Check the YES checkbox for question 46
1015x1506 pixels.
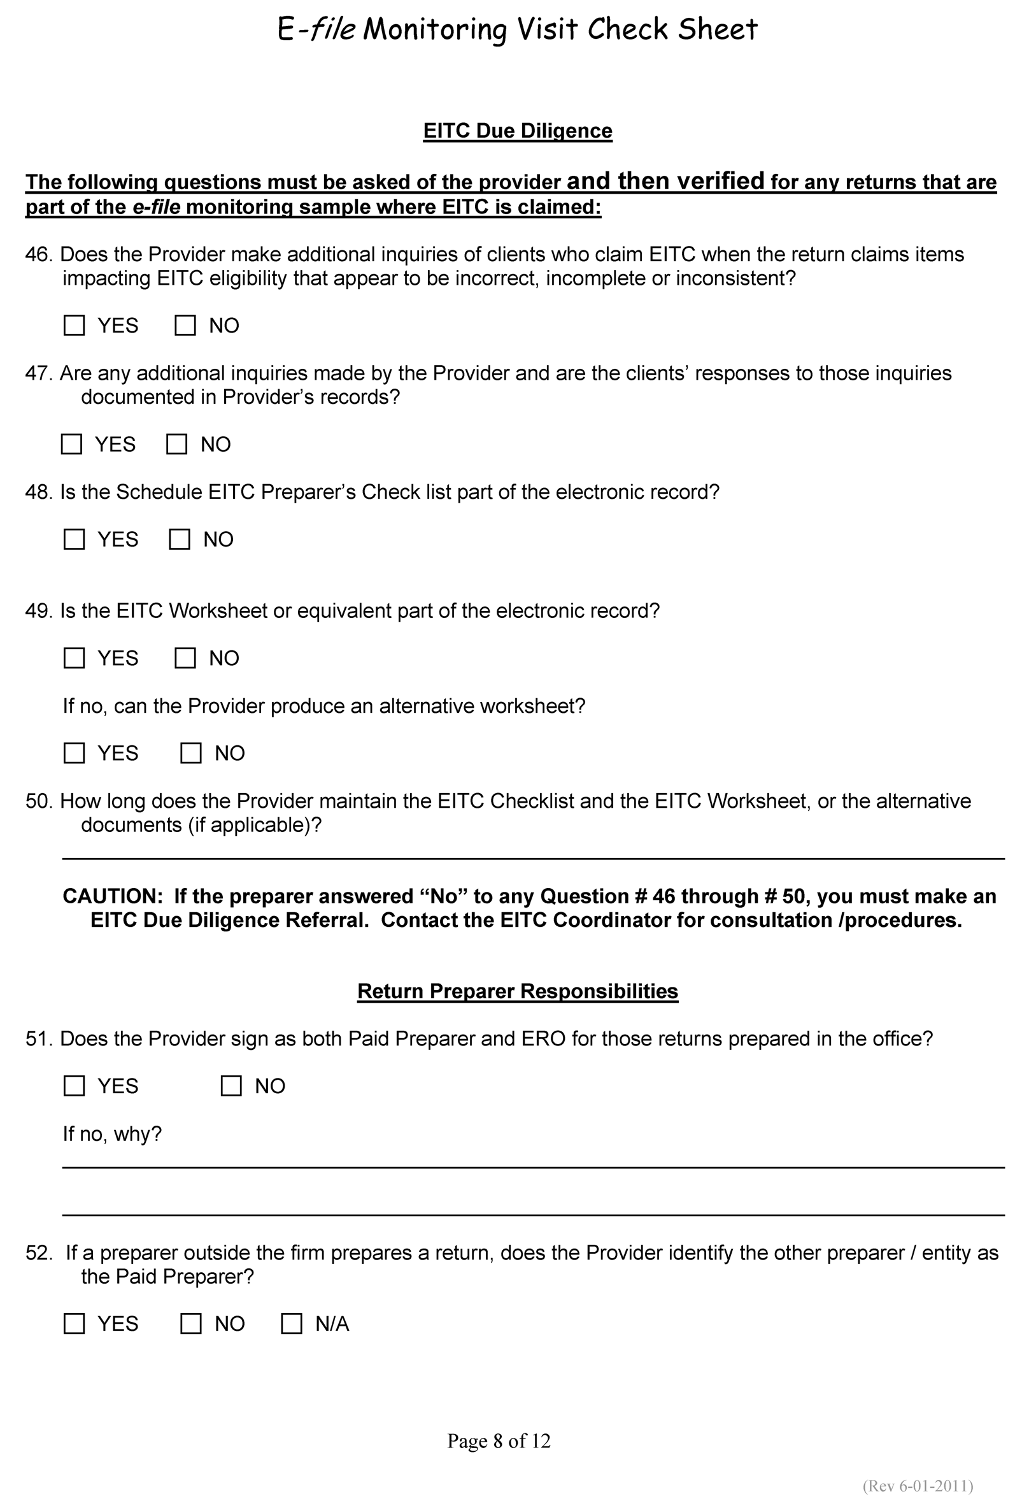tap(75, 325)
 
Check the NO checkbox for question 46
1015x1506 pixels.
tap(185, 325)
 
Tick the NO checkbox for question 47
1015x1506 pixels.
tap(177, 444)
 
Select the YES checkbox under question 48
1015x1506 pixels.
tap(75, 540)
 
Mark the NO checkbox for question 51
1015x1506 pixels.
tap(231, 1086)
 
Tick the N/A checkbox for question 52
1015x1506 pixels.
tap(291, 1323)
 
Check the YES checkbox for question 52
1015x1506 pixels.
tap(75, 1323)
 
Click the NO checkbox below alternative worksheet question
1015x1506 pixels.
tap(191, 753)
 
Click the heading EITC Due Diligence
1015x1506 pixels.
tap(517, 131)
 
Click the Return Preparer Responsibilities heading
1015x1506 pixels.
tap(517, 991)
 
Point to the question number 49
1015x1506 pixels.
tap(38, 610)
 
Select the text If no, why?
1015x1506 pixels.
tap(112, 1134)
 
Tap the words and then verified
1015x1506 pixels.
tap(665, 181)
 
